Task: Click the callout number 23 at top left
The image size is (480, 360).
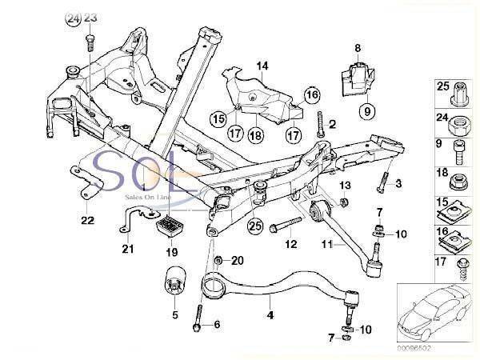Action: click(90, 18)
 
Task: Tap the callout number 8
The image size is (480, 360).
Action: click(358, 49)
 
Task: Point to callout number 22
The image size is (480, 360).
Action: click(86, 218)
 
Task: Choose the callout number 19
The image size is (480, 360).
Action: click(170, 251)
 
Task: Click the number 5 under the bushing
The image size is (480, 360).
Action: click(175, 314)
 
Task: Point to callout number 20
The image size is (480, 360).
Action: click(236, 261)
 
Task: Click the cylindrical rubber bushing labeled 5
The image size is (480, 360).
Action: click(175, 283)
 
